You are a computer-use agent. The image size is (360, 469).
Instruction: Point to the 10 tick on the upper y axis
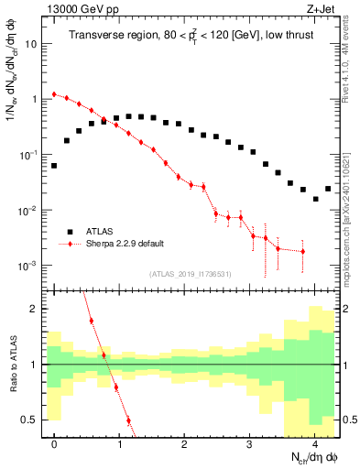pyautogui.click(x=34, y=44)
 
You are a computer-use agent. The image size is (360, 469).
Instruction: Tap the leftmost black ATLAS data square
pyautogui.click(x=54, y=166)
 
